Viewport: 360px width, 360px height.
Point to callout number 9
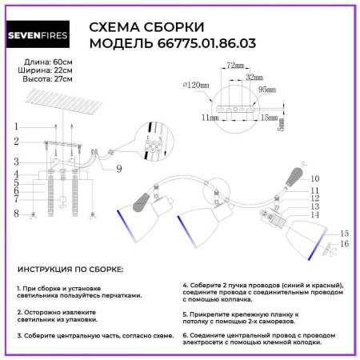tap(118, 168)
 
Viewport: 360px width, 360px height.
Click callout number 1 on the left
tap(14, 127)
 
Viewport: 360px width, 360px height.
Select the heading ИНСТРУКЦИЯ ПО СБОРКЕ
tap(70, 270)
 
